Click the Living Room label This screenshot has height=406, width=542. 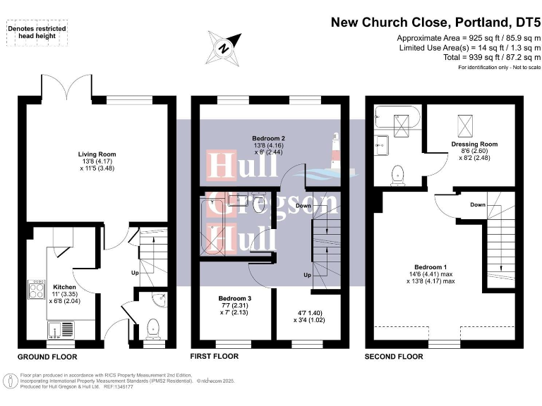coord(97,154)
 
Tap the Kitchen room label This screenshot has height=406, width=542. coord(64,287)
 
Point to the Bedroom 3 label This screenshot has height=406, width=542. coord(235,299)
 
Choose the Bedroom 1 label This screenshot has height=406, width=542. coord(430,267)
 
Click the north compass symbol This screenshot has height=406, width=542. coord(223,48)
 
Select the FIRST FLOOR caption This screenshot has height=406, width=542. coord(215,357)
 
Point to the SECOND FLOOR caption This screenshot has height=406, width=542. coord(394,357)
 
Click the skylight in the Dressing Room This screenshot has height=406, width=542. coord(466,125)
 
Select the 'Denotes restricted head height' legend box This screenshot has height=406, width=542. coord(37,32)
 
